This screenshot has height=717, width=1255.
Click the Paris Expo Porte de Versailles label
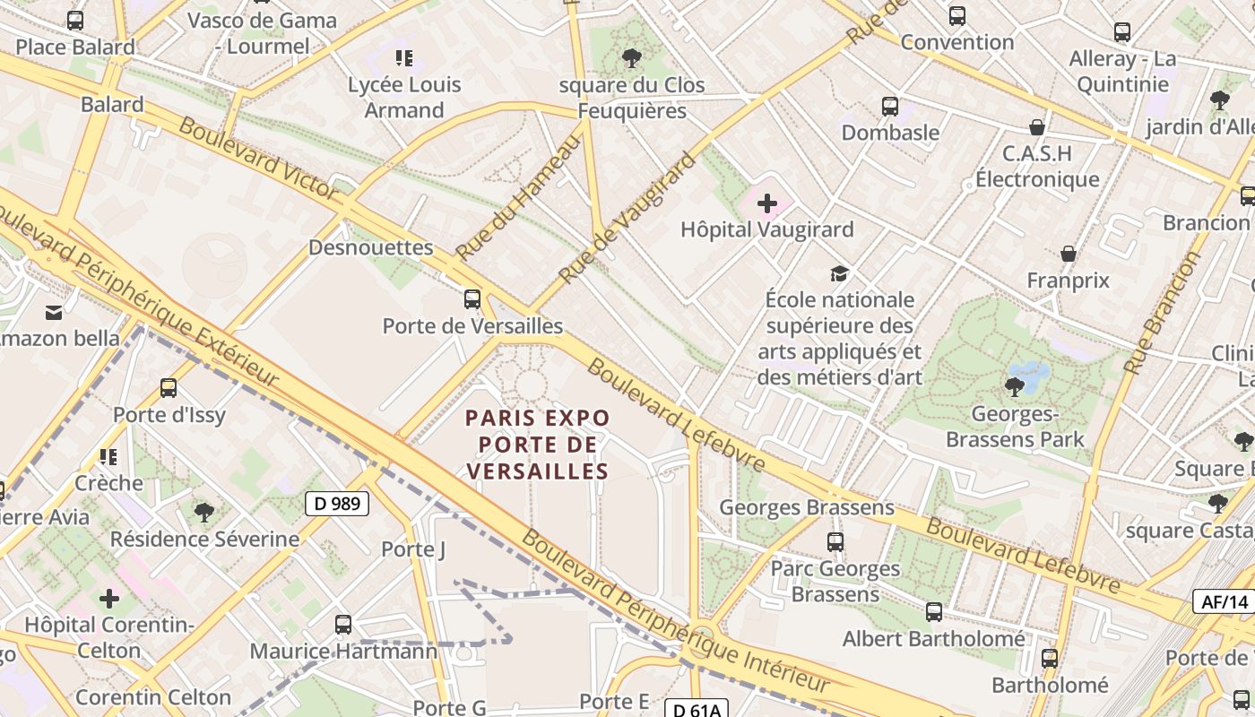[x=538, y=444]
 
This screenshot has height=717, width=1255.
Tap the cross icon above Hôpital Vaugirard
[x=767, y=203]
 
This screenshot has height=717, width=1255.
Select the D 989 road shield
[x=338, y=504]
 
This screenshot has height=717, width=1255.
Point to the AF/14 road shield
[x=1225, y=601]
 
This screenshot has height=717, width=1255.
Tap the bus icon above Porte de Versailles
[x=472, y=299]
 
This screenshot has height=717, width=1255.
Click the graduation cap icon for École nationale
[x=839, y=273]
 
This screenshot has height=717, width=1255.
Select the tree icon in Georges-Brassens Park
[x=1015, y=387]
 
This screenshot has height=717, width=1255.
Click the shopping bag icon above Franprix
[x=1068, y=254]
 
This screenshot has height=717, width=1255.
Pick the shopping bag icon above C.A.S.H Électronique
[x=1037, y=127]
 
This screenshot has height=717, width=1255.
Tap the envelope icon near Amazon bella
[x=54, y=312]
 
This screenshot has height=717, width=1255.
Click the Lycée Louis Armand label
[x=404, y=98]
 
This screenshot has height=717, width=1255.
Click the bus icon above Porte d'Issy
[x=169, y=388]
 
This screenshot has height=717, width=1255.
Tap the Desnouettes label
[x=371, y=247]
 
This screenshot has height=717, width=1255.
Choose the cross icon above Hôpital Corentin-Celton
[x=109, y=598]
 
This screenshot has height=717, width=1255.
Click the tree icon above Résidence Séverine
[x=204, y=512]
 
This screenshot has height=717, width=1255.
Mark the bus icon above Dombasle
[x=890, y=107]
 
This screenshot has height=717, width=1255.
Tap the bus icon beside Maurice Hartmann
[x=343, y=625]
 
